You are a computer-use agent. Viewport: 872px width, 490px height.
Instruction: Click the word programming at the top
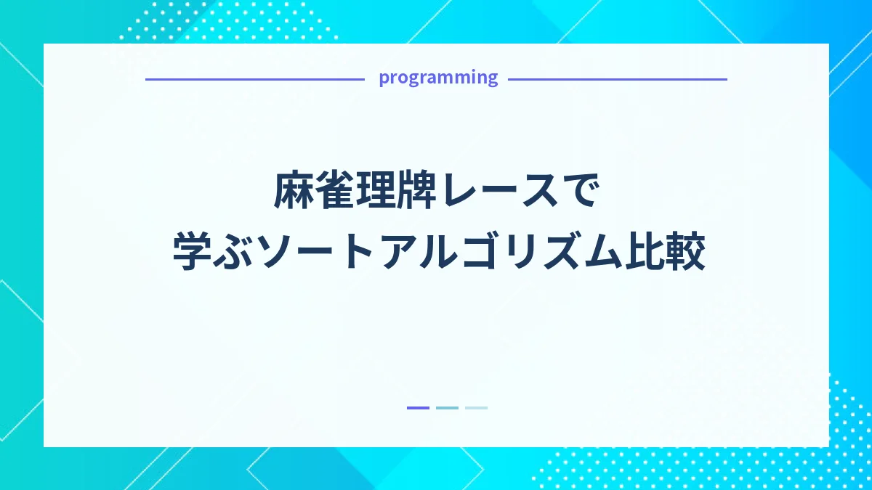click(x=438, y=78)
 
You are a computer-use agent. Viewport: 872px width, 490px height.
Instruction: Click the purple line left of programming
click(x=254, y=79)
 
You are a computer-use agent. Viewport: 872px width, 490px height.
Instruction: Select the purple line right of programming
click(x=617, y=79)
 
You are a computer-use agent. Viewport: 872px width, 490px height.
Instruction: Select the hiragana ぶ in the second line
click(x=234, y=252)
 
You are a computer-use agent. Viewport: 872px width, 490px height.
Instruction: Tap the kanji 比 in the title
click(x=642, y=252)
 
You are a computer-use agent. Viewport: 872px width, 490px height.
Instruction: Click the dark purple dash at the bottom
click(x=418, y=408)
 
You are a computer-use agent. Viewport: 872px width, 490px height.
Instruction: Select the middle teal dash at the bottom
click(x=447, y=408)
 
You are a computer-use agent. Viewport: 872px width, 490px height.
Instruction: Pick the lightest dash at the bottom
click(x=476, y=408)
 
